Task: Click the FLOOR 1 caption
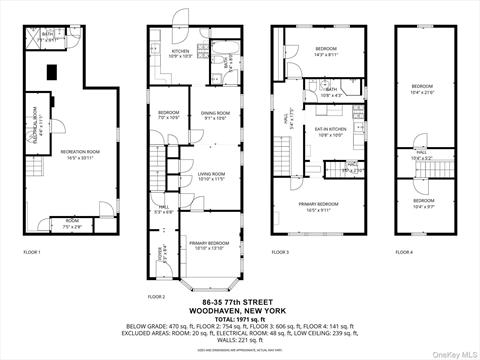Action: (32, 252)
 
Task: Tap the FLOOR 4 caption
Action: (403, 252)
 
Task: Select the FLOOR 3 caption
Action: (280, 252)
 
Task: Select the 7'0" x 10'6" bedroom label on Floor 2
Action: (168, 114)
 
